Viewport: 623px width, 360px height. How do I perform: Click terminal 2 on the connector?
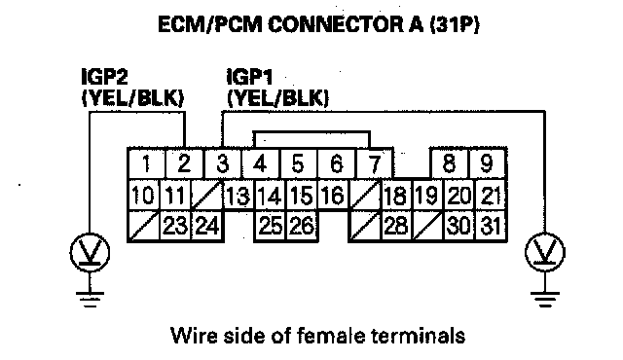pos(184,163)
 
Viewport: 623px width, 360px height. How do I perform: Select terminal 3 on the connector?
pos(223,163)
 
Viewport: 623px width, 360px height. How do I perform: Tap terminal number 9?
pos(487,163)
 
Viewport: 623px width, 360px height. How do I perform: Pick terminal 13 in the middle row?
pos(238,195)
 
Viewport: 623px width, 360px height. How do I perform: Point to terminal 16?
pos(333,195)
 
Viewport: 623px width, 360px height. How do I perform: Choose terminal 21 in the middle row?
pos(491,195)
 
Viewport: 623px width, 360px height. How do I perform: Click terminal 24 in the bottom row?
pos(207,226)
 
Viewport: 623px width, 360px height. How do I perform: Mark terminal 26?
pos(302,226)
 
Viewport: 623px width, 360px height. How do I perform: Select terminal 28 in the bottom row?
pos(396,226)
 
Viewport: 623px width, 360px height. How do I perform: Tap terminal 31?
pos(491,226)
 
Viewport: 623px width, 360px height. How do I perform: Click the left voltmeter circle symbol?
pos(90,252)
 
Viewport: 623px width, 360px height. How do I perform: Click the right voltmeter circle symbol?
pos(545,252)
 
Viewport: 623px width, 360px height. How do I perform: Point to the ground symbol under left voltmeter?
pos(90,300)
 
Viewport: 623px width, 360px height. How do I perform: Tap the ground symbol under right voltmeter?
pos(545,300)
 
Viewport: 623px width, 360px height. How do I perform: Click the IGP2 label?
pos(104,77)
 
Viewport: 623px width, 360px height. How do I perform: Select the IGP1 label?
pos(249,77)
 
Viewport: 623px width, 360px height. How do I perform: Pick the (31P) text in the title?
pos(455,24)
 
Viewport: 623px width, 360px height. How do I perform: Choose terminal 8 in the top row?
pos(449,163)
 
